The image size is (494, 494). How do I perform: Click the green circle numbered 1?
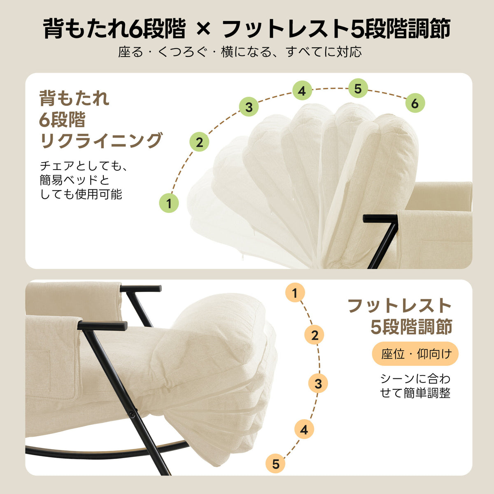[x=169, y=203]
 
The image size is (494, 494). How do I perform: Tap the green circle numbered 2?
[x=199, y=142]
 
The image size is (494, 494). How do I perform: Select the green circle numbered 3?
[x=249, y=107]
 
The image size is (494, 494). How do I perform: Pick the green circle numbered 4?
[x=302, y=91]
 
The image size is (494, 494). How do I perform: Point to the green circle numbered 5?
[x=358, y=89]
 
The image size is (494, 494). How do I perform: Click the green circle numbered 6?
[x=415, y=103]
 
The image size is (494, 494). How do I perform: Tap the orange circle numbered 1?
[x=294, y=294]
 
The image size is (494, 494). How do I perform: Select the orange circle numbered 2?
[x=315, y=335]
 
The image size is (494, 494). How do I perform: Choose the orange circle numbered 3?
[x=318, y=384]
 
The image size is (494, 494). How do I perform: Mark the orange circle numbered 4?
[x=304, y=430]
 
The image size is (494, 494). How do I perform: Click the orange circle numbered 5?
[x=276, y=464]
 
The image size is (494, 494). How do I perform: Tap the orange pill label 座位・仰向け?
[x=415, y=354]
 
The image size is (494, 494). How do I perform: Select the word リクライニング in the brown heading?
[x=101, y=140]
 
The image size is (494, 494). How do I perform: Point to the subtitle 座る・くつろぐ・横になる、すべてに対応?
[x=240, y=52]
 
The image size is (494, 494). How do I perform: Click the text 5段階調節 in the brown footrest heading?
[x=411, y=327]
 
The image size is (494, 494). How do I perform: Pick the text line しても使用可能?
[x=81, y=194]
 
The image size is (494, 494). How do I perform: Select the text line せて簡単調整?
[x=415, y=393]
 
